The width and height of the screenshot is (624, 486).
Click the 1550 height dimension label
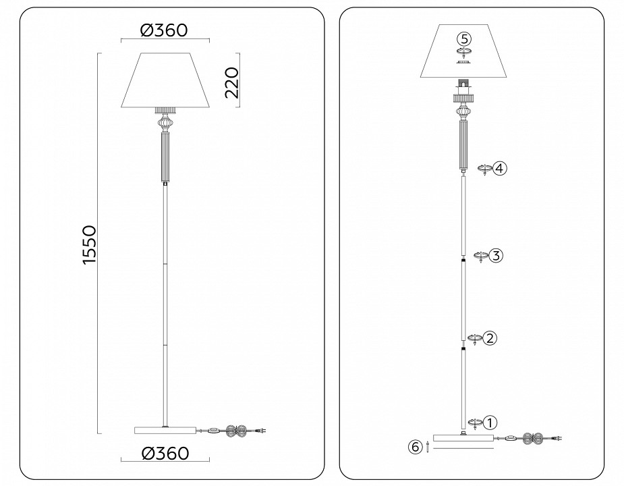click(90, 245)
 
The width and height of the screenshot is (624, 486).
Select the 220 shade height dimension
click(232, 82)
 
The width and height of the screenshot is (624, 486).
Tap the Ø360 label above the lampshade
click(163, 30)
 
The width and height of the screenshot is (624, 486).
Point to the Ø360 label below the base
click(165, 452)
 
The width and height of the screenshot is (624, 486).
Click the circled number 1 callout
click(490, 422)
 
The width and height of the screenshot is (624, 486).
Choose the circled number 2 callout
click(490, 337)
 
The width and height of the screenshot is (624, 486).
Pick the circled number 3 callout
click(496, 256)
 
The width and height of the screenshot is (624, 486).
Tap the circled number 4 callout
click(499, 168)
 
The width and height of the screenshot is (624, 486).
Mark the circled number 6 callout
click(416, 446)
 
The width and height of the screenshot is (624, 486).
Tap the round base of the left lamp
click(166, 429)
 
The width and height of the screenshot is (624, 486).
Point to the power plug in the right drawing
click(559, 438)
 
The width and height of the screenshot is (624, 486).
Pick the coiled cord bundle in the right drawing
click(538, 438)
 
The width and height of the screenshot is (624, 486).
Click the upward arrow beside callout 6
click(427, 446)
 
